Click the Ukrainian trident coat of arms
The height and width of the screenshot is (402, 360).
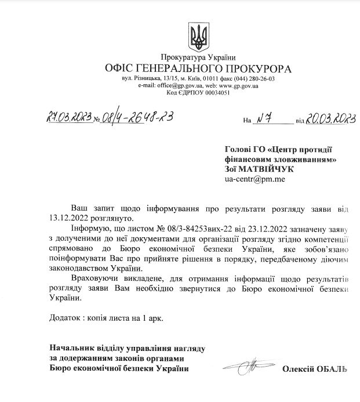click(x=199, y=37)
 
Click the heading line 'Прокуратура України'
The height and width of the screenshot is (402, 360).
click(x=199, y=57)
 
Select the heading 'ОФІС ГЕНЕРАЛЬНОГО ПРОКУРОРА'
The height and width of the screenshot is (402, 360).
click(x=199, y=69)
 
